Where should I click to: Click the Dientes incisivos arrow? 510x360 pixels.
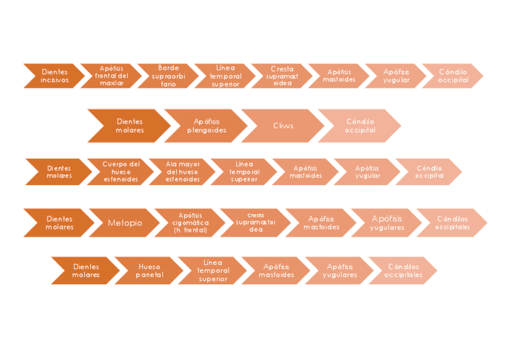pyautogui.click(x=55, y=76)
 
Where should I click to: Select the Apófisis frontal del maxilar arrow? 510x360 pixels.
pyautogui.click(x=112, y=76)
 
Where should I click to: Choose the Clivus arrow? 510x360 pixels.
pyautogui.click(x=283, y=126)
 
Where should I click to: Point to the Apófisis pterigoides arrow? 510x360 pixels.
pyautogui.click(x=206, y=126)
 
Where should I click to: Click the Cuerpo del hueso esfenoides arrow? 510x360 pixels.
pyautogui.click(x=121, y=172)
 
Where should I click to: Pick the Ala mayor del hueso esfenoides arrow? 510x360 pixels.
pyautogui.click(x=183, y=172)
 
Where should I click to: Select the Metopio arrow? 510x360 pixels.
pyautogui.click(x=125, y=223)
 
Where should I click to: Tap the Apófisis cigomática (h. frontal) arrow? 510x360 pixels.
pyautogui.click(x=190, y=223)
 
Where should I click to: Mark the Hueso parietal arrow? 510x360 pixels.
pyautogui.click(x=149, y=271)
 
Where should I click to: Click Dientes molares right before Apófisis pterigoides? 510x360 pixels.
pyautogui.click(x=129, y=126)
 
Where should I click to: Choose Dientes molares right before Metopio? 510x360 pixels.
pyautogui.click(x=59, y=223)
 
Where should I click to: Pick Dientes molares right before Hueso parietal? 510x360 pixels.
pyautogui.click(x=86, y=271)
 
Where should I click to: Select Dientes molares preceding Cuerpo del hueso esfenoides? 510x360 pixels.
pyautogui.click(x=59, y=172)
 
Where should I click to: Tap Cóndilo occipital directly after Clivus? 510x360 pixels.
pyautogui.click(x=360, y=126)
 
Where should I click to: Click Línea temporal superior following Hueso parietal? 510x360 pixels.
pyautogui.click(x=213, y=271)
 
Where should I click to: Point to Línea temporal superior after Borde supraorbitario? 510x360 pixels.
pyautogui.click(x=226, y=76)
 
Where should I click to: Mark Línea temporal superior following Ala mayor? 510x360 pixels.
pyautogui.click(x=244, y=172)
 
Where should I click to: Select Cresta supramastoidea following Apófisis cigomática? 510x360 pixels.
pyautogui.click(x=256, y=223)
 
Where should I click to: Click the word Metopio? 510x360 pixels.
pyautogui.click(x=125, y=223)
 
